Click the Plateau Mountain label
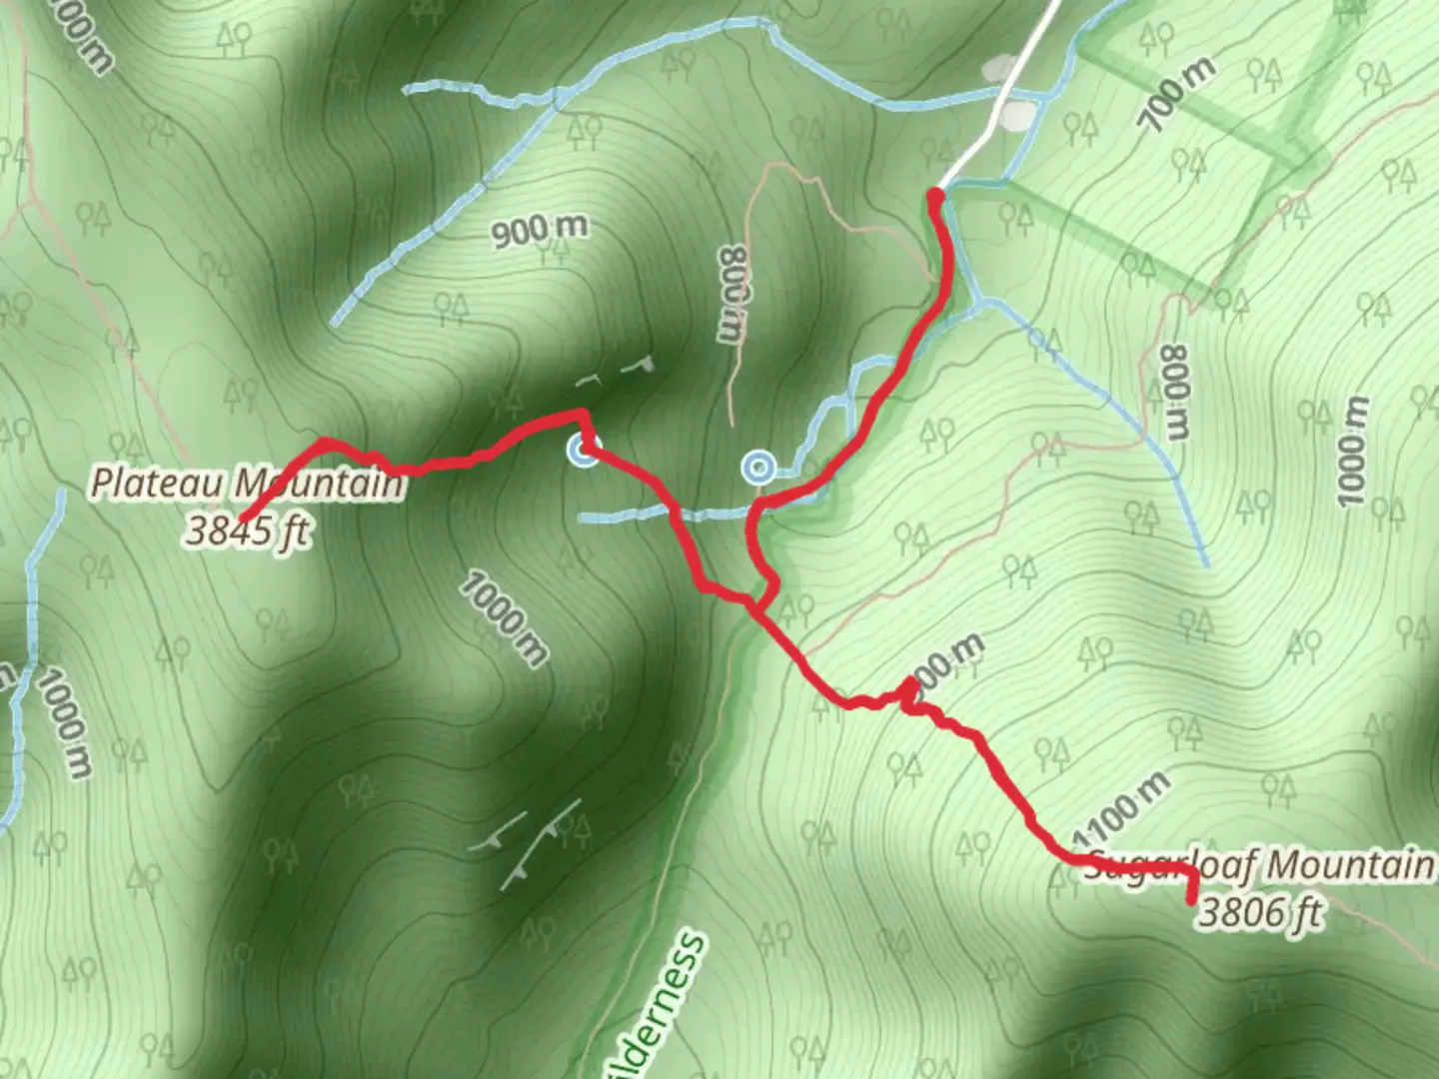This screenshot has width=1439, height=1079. pyautogui.click(x=248, y=484)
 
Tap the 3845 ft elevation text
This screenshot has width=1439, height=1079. pyautogui.click(x=246, y=531)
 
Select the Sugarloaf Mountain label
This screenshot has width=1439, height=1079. pyautogui.click(x=1259, y=866)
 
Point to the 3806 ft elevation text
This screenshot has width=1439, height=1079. pyautogui.click(x=1261, y=913)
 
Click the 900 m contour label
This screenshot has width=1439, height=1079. pyautogui.click(x=540, y=231)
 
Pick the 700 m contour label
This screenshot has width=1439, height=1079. pyautogui.click(x=1178, y=95)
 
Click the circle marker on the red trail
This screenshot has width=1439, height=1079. pyautogui.click(x=583, y=452)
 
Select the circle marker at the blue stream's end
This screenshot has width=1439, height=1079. pyautogui.click(x=758, y=467)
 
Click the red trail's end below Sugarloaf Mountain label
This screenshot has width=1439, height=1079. pyautogui.click(x=1192, y=900)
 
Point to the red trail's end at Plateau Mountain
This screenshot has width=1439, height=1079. pyautogui.click(x=243, y=516)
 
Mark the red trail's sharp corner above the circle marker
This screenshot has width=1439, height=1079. pyautogui.click(x=582, y=412)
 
